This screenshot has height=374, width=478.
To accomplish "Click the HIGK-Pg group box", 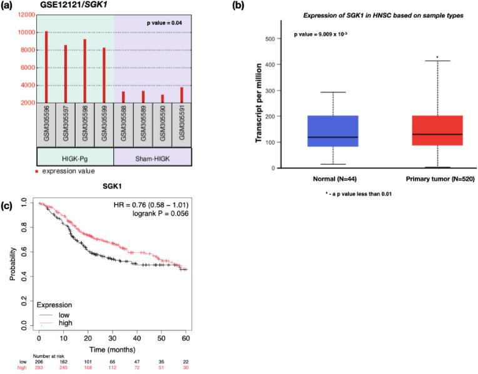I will (x=75, y=155).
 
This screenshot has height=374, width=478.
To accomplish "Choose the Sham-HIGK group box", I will (x=152, y=155).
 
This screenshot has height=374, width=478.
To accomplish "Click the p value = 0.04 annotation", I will (x=165, y=23).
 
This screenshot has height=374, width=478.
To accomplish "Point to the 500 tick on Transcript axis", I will (x=271, y=39).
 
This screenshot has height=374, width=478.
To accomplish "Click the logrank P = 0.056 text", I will (x=158, y=215).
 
